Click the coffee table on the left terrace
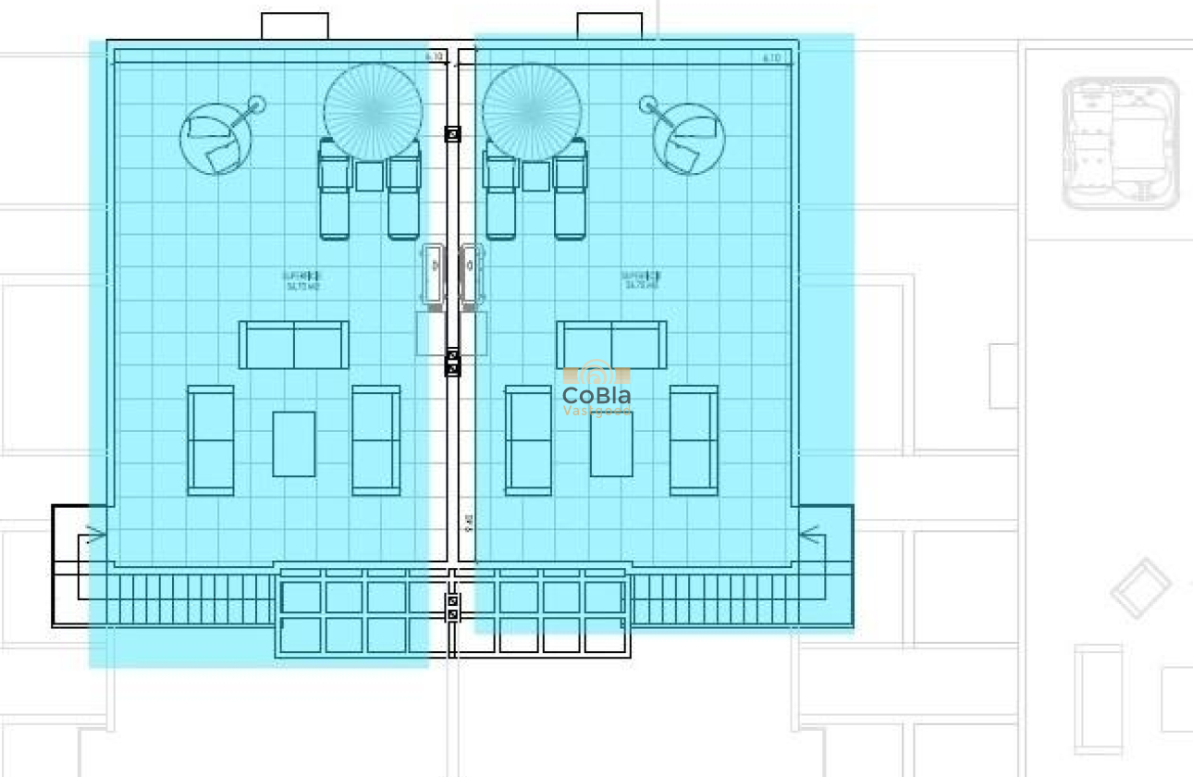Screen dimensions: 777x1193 (x=294, y=444)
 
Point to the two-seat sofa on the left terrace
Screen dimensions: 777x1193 (x=294, y=345)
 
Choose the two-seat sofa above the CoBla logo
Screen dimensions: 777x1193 (x=611, y=345)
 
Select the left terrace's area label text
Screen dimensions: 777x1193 (x=302, y=280)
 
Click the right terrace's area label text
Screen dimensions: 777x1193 (x=640, y=280)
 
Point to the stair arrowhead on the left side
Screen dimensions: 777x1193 (x=93, y=534)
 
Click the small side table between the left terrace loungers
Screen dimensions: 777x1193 (x=370, y=176)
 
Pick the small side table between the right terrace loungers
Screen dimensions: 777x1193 (x=535, y=176)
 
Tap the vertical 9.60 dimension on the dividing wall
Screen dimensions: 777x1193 (x=470, y=524)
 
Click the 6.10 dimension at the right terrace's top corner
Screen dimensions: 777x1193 (x=772, y=57)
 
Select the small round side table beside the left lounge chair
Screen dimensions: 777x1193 (x=256, y=104)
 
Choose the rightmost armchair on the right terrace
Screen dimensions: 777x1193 (x=694, y=440)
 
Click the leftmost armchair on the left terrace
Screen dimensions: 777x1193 (x=211, y=440)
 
